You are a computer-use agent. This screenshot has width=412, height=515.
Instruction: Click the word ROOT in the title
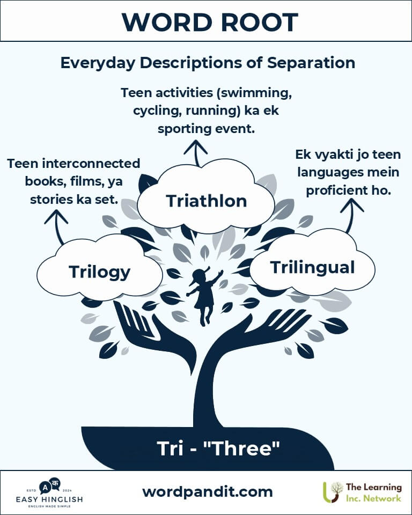[x=259, y=22]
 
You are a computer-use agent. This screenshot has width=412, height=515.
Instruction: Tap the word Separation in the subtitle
[x=311, y=62]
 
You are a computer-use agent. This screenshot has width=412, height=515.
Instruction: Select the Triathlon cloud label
[x=207, y=201]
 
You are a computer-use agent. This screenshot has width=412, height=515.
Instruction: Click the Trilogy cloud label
[x=100, y=273]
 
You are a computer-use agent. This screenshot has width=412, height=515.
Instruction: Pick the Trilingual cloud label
[x=312, y=267]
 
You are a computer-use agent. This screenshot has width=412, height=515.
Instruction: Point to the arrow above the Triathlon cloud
[x=196, y=153]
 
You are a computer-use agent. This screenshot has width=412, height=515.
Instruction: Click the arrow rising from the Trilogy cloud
[x=57, y=226]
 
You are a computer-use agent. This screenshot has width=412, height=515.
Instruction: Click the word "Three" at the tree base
[x=242, y=448]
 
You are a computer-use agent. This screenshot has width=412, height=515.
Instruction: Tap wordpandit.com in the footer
[x=207, y=492]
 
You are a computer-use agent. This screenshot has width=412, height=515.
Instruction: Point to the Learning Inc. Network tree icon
[x=333, y=492]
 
